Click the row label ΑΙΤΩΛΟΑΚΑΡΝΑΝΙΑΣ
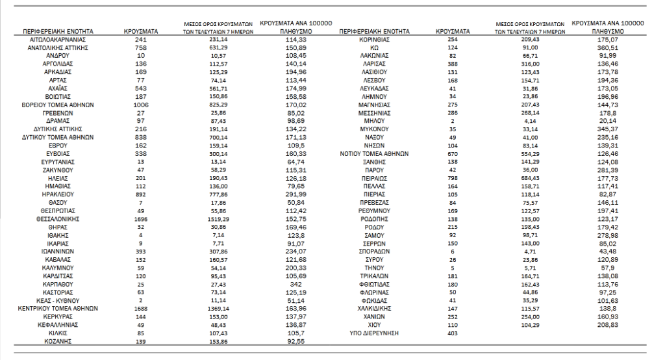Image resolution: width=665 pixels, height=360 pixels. [58, 40]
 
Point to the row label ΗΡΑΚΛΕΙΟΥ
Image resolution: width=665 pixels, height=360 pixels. [58, 194]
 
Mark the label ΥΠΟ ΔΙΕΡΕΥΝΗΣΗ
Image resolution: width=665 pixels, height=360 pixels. [373, 333]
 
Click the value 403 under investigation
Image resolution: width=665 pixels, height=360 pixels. [453, 333]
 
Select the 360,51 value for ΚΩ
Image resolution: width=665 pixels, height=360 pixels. [608, 48]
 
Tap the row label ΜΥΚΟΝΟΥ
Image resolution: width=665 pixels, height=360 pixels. [373, 129]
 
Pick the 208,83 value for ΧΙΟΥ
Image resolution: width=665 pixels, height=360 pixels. [608, 325]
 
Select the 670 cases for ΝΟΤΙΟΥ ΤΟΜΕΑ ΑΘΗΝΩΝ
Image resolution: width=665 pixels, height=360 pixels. [453, 154]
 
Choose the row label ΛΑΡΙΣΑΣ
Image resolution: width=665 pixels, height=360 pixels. [373, 64]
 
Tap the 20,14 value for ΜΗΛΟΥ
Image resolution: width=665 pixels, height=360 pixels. [608, 121]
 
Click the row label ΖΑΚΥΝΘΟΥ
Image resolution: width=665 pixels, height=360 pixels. [58, 170]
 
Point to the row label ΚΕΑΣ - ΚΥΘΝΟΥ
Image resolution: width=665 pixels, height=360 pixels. [58, 300]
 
